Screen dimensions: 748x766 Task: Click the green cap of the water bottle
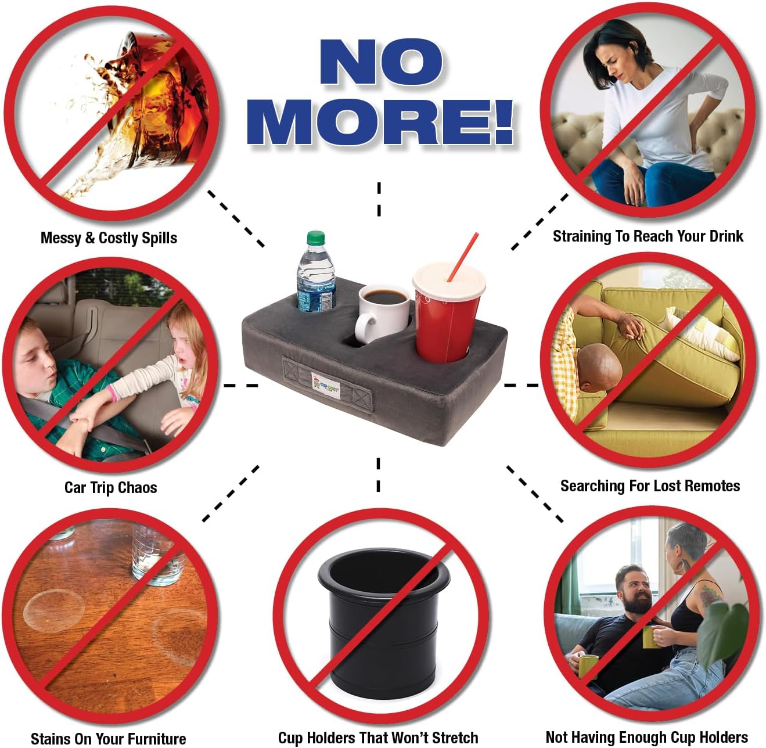pyautogui.click(x=315, y=238)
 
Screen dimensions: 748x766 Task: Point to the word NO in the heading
pyautogui.click(x=381, y=62)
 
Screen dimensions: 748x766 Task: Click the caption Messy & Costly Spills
pyautogui.click(x=109, y=238)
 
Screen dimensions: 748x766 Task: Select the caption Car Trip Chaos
pyautogui.click(x=110, y=487)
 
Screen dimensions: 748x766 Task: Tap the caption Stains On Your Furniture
pyautogui.click(x=108, y=739)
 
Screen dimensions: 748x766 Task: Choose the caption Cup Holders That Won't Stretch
pyautogui.click(x=378, y=738)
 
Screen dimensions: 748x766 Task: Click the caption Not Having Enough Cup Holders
pyautogui.click(x=646, y=738)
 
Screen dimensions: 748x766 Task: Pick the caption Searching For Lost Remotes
pyautogui.click(x=650, y=486)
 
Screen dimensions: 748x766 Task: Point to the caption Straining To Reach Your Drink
pyautogui.click(x=648, y=236)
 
